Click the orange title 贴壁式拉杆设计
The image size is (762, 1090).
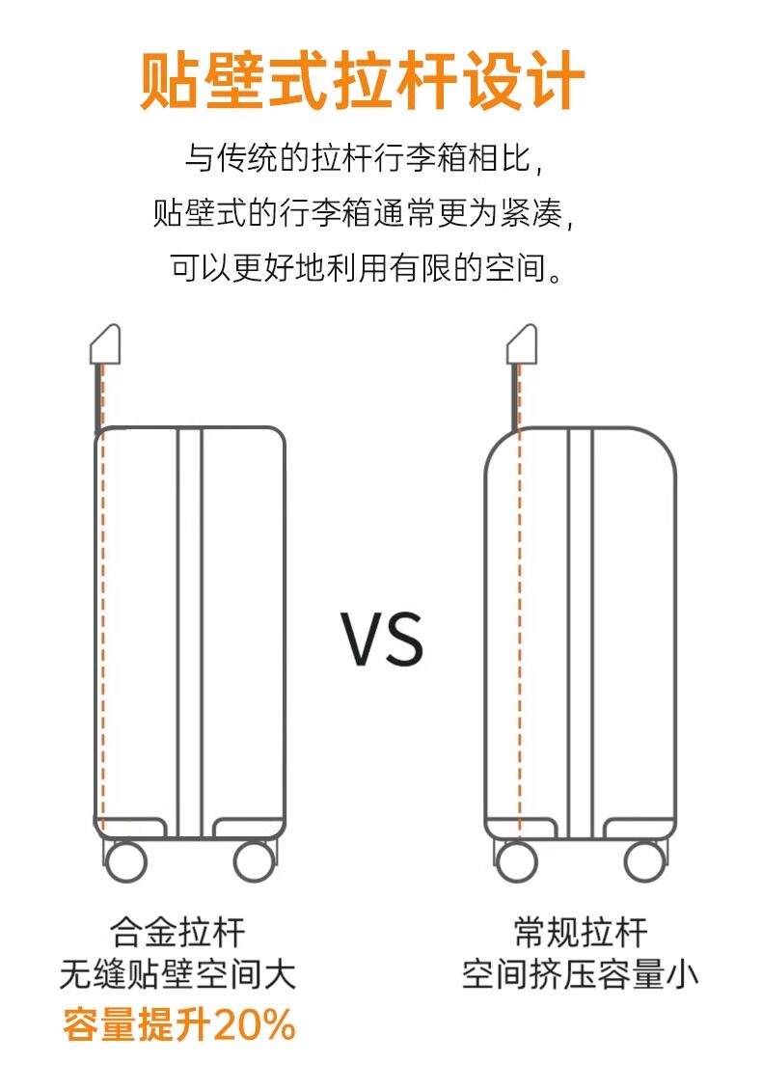pos(363,81)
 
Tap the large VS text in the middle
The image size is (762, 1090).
pos(382,638)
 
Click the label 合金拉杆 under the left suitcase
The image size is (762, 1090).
pos(178,933)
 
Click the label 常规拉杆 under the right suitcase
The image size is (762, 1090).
pos(581,933)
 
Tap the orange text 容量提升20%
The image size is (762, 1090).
pos(178,1025)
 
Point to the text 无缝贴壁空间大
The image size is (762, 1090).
pos(178,975)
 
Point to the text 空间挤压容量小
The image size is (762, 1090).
pos(581,975)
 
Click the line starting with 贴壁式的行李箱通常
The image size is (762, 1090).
pos(371,212)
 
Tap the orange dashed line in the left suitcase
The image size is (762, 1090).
pos(103,627)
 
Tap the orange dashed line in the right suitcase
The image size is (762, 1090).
pos(520,627)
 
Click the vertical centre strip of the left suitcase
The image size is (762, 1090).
pos(189,627)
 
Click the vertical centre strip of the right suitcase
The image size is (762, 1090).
pos(580,627)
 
